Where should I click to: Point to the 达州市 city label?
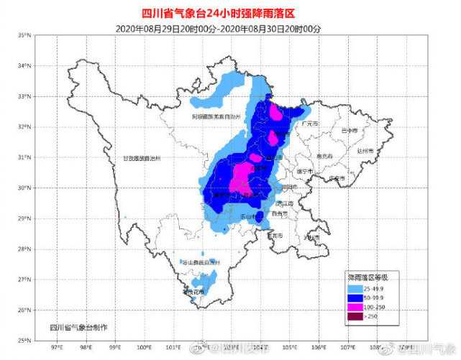[365, 151]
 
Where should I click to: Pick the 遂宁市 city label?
[305, 172]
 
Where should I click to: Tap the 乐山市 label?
[250, 216]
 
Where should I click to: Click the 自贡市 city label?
[279, 213]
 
